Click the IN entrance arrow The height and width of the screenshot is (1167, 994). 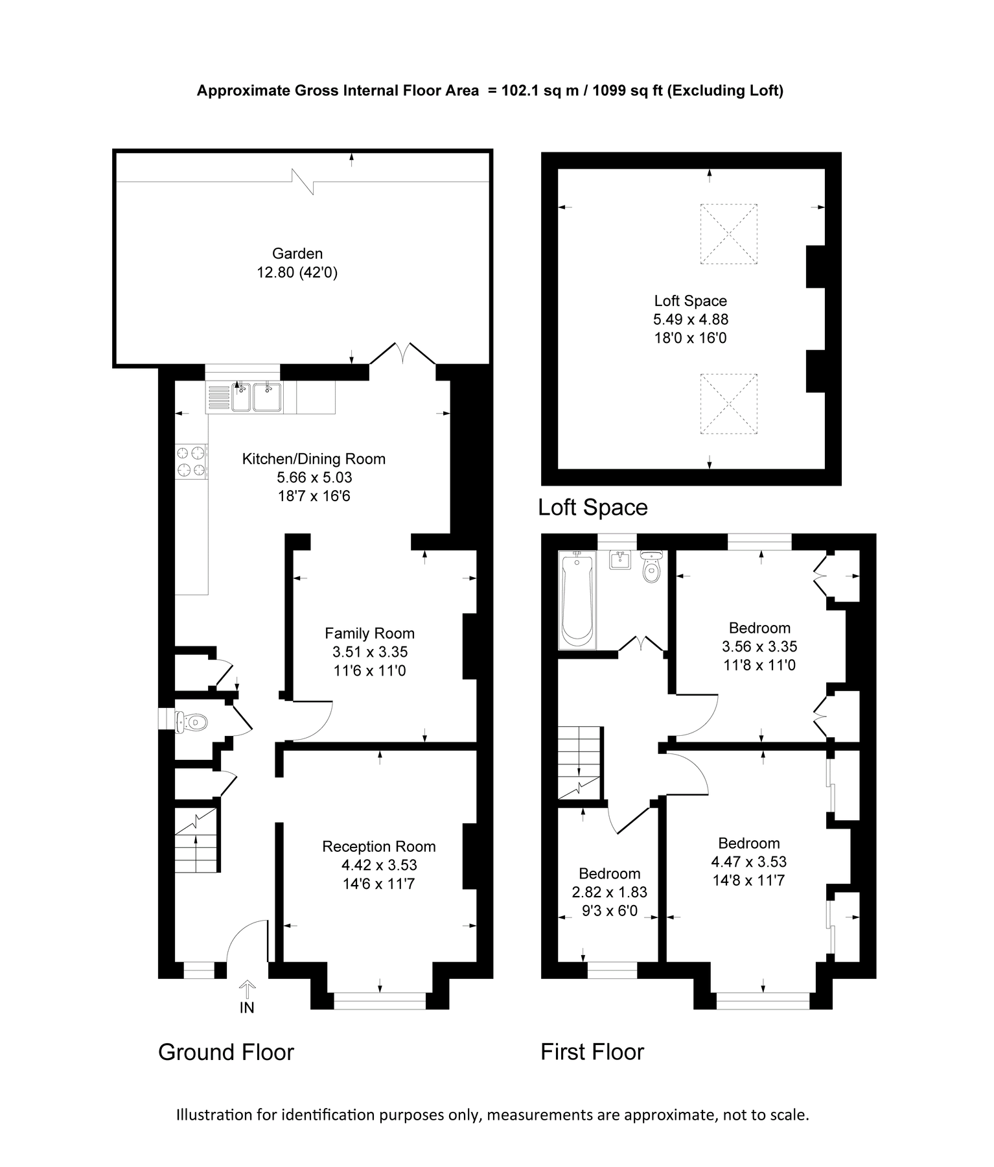(247, 993)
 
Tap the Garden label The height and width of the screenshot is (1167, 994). (297, 254)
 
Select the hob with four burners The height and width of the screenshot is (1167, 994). (192, 461)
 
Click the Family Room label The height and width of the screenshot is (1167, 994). (369, 633)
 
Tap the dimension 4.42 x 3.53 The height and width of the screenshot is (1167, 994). (379, 865)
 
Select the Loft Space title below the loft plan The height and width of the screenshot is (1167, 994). (593, 507)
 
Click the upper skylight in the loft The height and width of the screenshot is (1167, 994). (729, 234)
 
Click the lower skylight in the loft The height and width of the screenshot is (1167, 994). (729, 404)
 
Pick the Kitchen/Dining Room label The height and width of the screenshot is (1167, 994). (314, 459)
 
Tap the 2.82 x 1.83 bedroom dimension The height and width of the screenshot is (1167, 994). (609, 892)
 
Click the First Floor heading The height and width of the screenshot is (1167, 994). (592, 1052)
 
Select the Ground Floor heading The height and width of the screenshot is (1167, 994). (226, 1052)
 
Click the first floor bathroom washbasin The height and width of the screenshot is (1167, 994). (620, 560)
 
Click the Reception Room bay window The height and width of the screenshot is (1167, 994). (380, 1000)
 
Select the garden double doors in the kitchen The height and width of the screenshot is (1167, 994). (402, 355)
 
